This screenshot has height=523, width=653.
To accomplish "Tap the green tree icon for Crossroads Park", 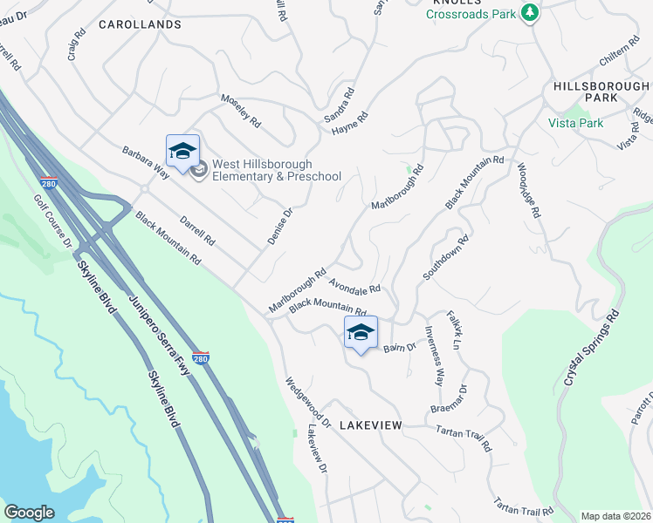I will click(x=529, y=12).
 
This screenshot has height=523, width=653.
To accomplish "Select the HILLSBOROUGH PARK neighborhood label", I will click(x=601, y=92).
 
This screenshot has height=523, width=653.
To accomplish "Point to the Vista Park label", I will click(x=575, y=123).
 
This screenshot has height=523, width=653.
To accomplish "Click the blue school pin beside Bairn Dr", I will click(x=361, y=332).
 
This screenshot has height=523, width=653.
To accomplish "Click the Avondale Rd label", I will click(x=355, y=285).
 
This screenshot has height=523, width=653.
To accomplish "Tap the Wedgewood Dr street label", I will click(x=306, y=402).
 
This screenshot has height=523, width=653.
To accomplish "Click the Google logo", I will click(x=29, y=513).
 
